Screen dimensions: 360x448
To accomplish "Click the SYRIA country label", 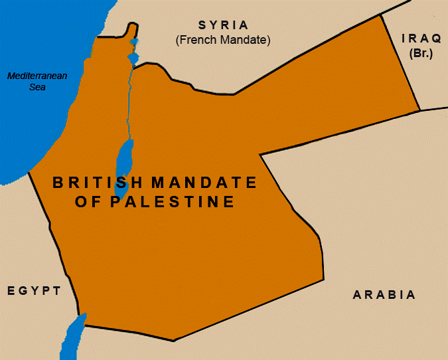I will click(223, 25).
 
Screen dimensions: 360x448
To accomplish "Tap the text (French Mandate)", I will click(223, 40).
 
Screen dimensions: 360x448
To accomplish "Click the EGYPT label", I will click(34, 291).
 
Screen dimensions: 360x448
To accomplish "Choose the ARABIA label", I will click(384, 295).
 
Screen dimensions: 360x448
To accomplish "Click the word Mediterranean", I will click(37, 76).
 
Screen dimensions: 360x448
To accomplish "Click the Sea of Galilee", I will click(133, 58).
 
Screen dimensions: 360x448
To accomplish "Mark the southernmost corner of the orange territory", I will click(173, 341).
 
